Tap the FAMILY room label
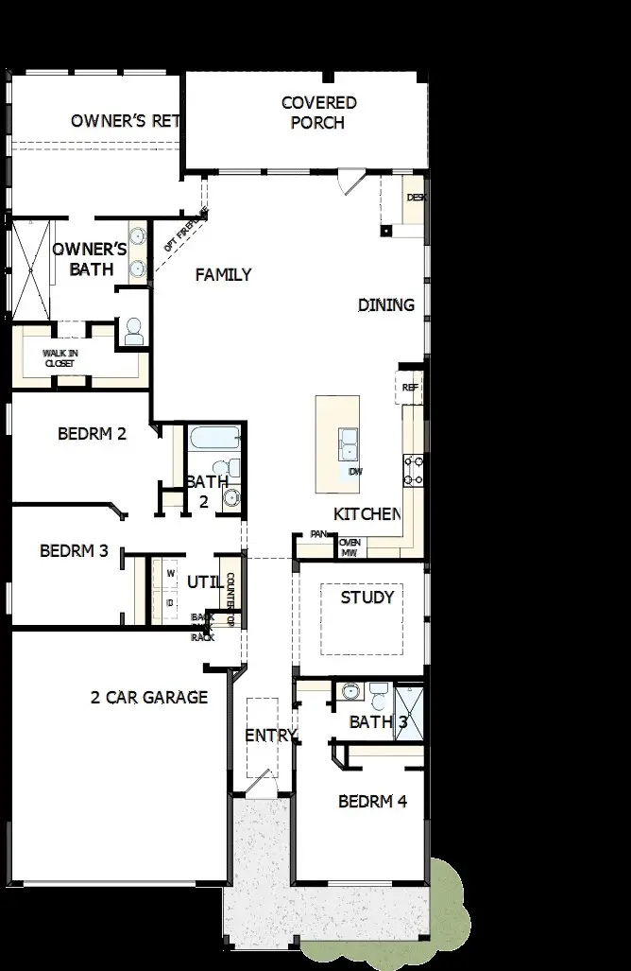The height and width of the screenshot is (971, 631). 223,275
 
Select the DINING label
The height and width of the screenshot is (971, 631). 386,304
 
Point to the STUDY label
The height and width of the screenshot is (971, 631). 367,598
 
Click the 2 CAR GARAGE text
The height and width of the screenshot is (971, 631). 148,698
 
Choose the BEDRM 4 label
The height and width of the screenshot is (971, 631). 372,802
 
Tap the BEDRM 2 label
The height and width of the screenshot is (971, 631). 92,435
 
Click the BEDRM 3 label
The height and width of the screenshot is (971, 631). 74,550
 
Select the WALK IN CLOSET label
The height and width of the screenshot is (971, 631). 60,358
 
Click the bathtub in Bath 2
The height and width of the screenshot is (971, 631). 214,438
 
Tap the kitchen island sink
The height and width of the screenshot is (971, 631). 348,442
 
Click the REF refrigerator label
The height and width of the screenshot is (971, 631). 410,388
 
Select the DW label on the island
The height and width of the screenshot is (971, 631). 355,471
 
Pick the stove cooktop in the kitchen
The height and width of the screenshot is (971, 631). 413,470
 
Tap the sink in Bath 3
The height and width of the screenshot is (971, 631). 350,692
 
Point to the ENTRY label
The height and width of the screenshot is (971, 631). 271,736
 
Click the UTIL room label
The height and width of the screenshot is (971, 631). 205,581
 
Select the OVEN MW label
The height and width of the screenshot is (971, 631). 350,547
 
